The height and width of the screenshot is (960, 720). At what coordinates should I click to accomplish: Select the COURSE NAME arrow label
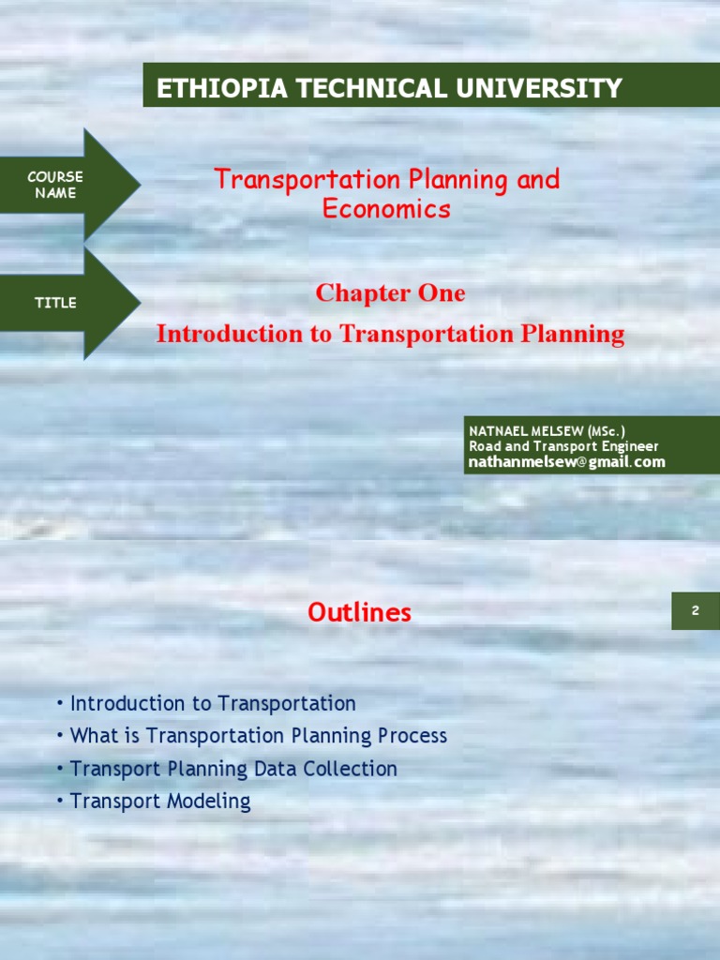(54, 185)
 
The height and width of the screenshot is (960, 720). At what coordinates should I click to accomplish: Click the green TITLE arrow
(56, 303)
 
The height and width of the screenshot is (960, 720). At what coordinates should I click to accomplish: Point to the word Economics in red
(386, 209)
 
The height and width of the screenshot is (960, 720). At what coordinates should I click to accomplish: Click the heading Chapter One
(390, 293)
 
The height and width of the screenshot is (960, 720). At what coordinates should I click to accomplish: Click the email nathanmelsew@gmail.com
(567, 462)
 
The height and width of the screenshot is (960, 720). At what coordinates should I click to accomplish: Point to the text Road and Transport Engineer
(563, 447)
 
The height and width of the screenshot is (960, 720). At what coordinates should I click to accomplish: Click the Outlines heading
(359, 613)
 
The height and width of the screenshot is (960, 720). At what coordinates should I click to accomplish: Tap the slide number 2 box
(696, 611)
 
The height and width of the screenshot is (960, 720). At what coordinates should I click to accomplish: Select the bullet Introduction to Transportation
(213, 703)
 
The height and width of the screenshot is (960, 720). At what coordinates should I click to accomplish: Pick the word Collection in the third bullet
(356, 769)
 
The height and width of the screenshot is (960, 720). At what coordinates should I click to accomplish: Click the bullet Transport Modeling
(160, 802)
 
